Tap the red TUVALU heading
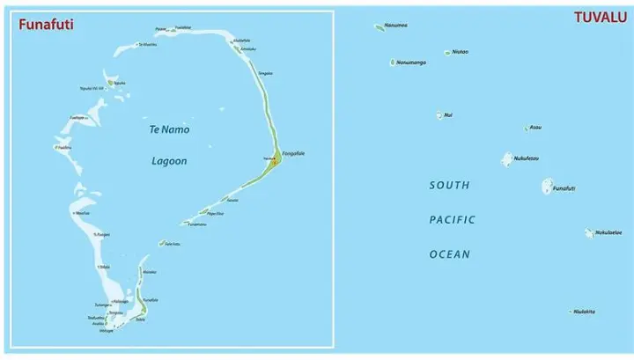click(x=600, y=18)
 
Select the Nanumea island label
click(x=396, y=25)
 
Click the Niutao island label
click(x=460, y=52)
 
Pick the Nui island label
click(x=449, y=114)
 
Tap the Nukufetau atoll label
click(x=527, y=158)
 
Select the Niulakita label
click(x=585, y=311)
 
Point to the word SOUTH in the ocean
click(x=449, y=186)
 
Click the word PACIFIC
click(x=452, y=220)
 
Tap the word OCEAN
click(x=449, y=254)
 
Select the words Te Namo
click(x=168, y=129)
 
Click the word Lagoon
click(x=168, y=161)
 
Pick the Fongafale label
click(x=294, y=153)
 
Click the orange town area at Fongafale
click(x=276, y=159)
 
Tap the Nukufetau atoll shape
click(x=507, y=159)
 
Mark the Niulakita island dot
click(x=571, y=311)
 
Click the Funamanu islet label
click(x=196, y=224)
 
